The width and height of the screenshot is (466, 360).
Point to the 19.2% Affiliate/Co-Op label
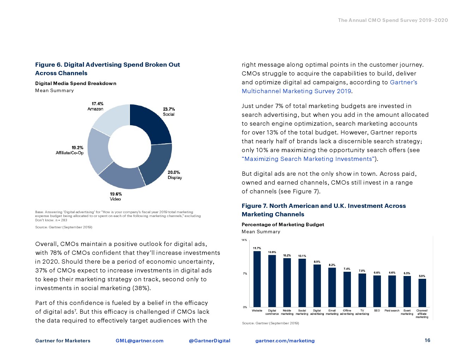click(70, 150)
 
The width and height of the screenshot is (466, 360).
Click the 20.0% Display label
click(174, 175)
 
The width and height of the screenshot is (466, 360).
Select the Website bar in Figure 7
click(257, 279)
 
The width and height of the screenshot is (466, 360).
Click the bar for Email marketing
click(332, 287)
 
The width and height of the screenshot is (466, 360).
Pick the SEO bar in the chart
click(377, 291)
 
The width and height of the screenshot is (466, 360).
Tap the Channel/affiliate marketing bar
click(422, 293)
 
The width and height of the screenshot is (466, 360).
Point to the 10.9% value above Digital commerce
click(272, 252)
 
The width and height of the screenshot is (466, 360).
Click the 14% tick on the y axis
click(244, 240)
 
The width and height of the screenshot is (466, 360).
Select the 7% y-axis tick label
click(245, 274)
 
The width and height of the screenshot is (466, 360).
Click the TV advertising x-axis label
click(362, 312)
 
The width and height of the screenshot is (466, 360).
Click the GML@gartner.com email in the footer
click(139, 341)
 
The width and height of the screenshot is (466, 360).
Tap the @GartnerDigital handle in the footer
click(209, 341)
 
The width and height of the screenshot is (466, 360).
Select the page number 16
click(427, 340)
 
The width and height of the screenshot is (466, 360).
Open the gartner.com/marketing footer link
click(285, 341)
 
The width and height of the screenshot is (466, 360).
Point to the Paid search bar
click(392, 291)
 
